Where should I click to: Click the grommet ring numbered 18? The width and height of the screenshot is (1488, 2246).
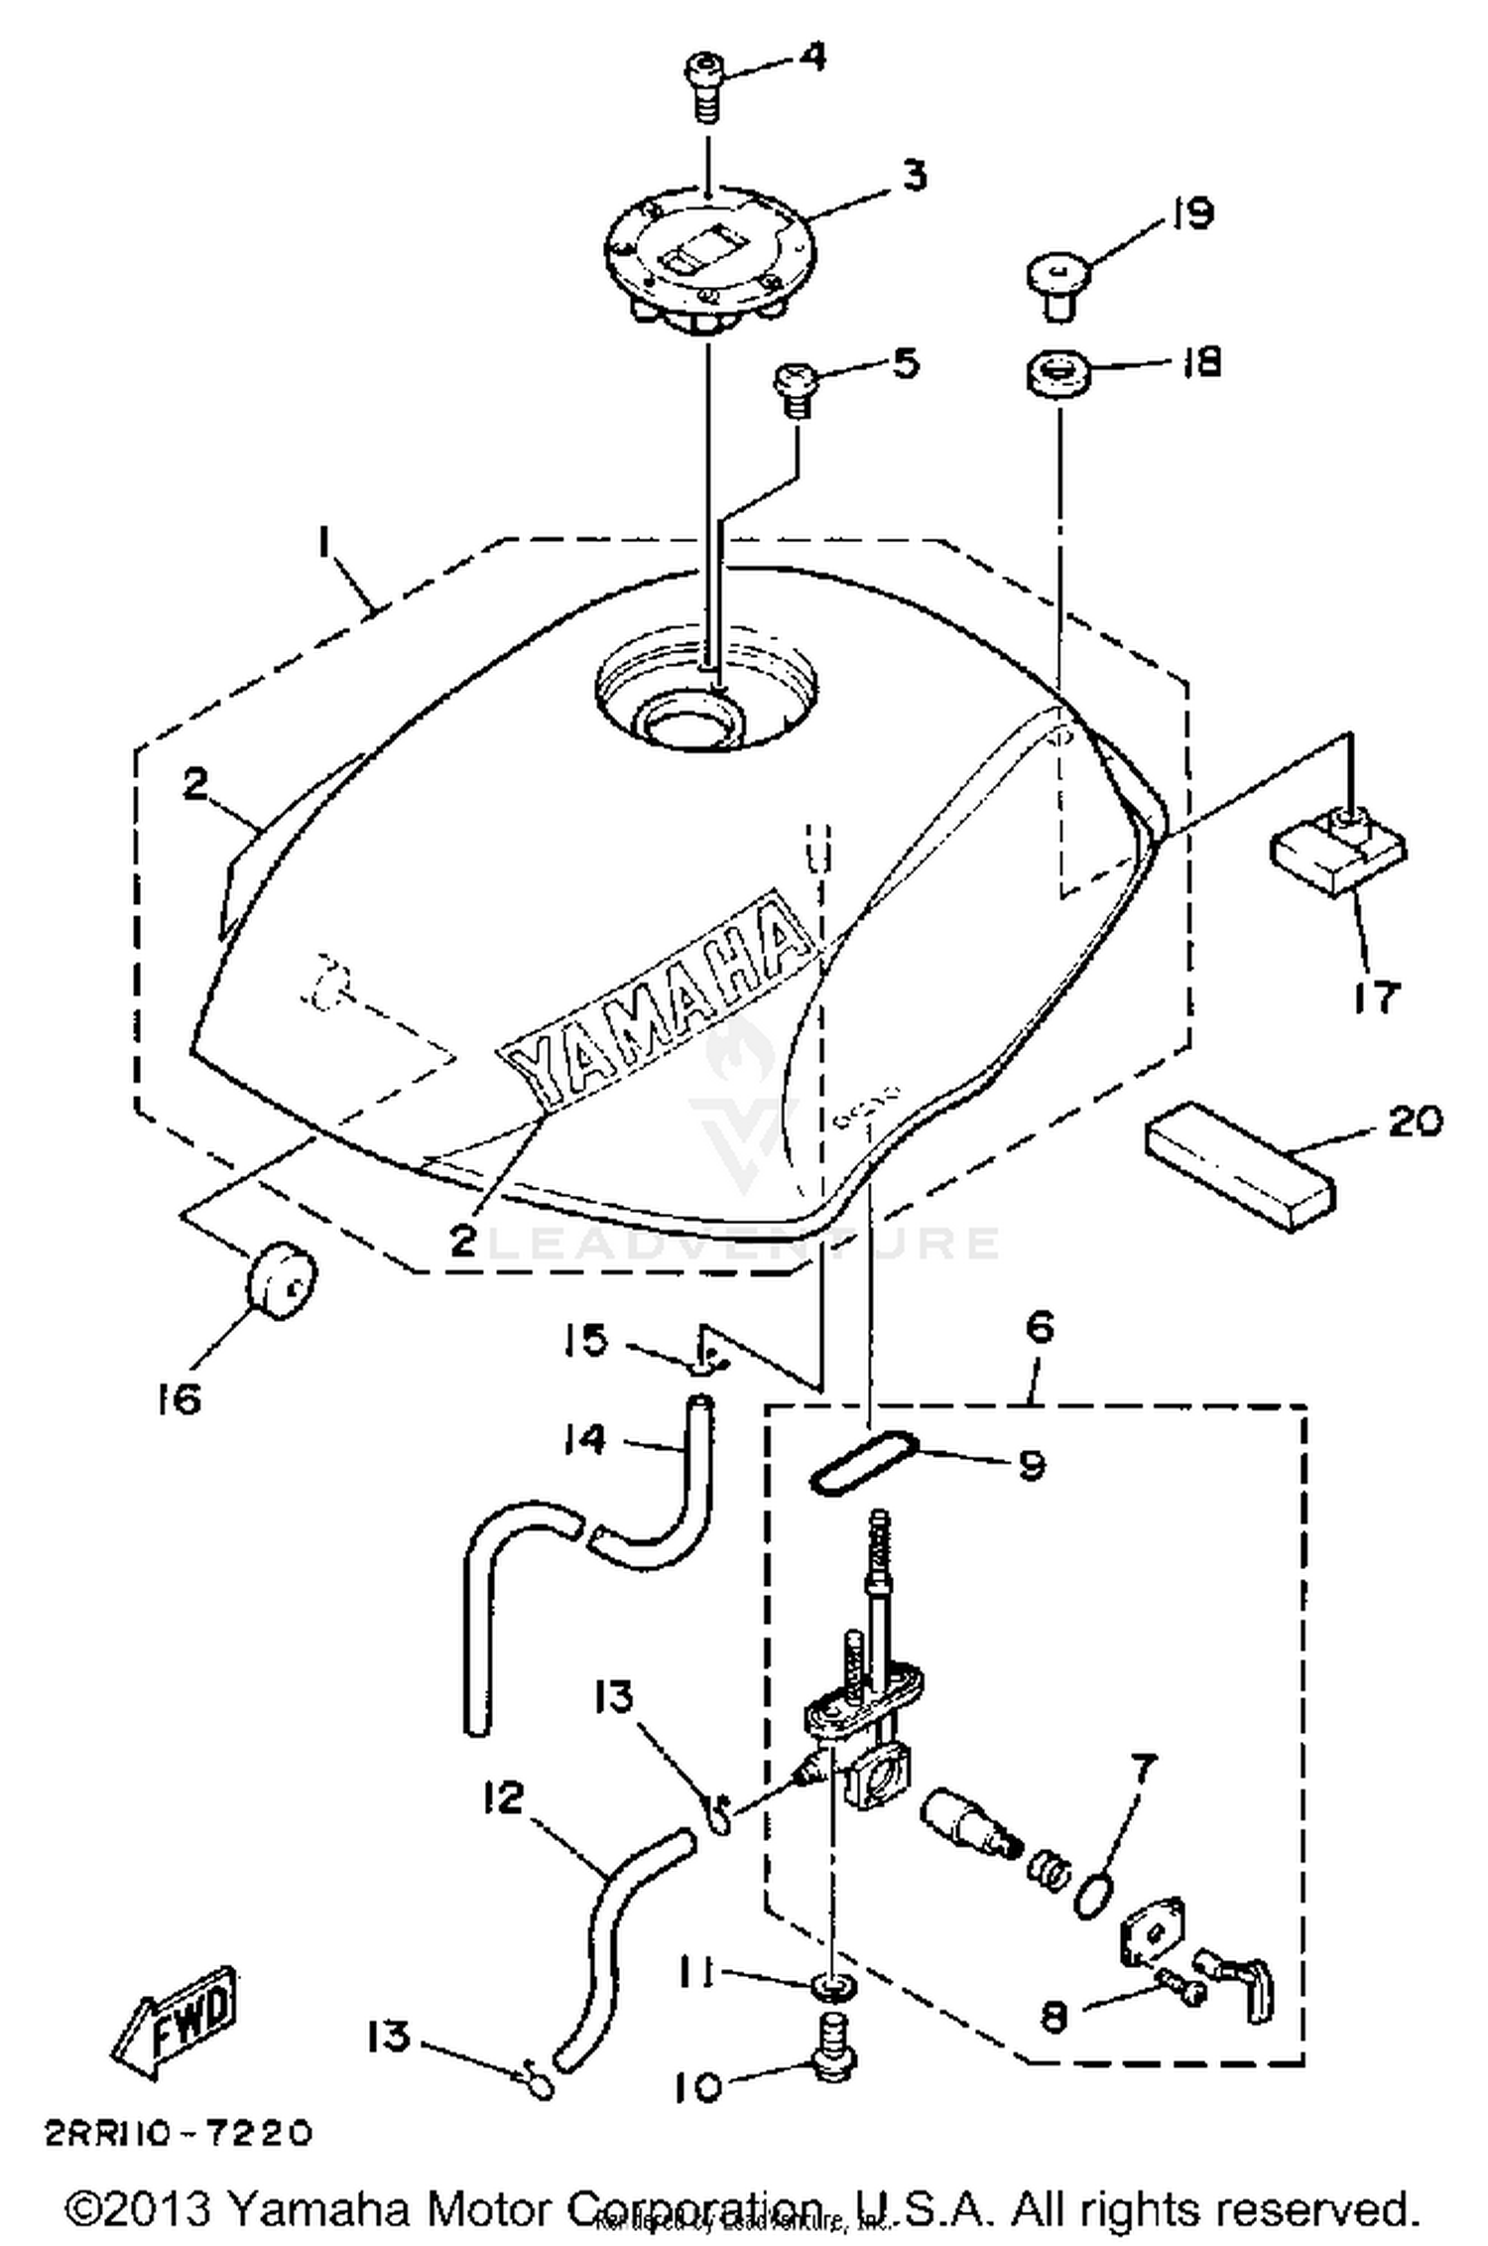pyautogui.click(x=1057, y=376)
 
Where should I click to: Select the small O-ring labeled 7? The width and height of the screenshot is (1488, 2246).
pyautogui.click(x=1091, y=1897)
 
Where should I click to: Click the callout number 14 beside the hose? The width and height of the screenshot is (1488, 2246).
pyautogui.click(x=585, y=1437)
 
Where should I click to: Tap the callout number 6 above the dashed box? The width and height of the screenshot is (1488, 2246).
pyautogui.click(x=1040, y=1327)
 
